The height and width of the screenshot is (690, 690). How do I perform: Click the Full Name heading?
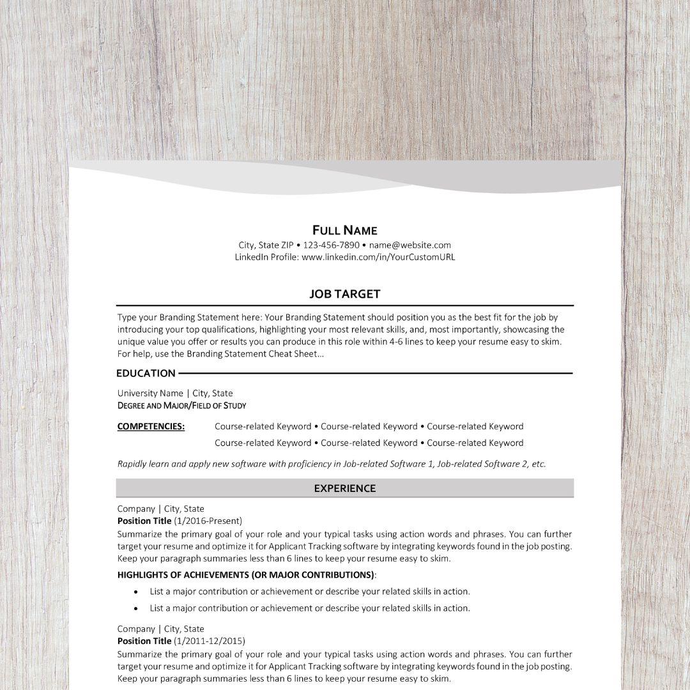pos(344,230)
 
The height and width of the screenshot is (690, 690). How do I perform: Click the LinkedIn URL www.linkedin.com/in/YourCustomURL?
pos(378,257)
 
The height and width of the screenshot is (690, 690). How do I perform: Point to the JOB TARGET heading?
pos(344,294)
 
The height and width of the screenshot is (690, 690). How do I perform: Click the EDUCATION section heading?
pos(146,373)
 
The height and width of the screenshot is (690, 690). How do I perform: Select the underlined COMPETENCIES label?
pos(151,426)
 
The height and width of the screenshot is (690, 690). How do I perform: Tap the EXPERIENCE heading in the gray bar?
pos(344,488)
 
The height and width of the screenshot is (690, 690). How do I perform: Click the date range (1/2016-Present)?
pos(208,521)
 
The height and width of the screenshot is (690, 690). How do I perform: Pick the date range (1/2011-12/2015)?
pos(210,641)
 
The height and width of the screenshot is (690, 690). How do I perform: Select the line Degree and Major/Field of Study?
pos(181,405)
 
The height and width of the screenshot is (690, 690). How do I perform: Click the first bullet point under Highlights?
pos(136,592)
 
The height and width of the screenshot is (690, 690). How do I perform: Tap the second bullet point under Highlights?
pos(136,608)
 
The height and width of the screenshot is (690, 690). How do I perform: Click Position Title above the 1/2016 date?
pos(144,521)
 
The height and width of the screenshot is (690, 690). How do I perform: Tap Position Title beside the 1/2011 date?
pos(144,641)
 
